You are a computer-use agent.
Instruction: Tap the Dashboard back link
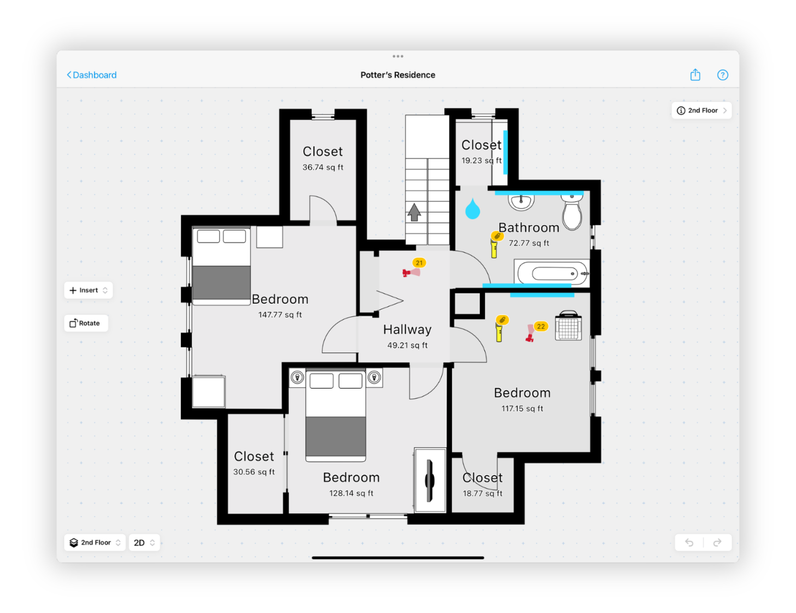(92, 75)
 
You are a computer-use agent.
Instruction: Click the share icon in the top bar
(695, 75)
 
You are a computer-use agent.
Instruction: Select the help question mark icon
(722, 75)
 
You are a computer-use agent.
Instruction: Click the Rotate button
(86, 323)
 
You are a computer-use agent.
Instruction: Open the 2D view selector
(144, 542)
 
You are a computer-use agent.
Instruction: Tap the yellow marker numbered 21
(419, 263)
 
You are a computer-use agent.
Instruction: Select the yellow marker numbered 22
(541, 326)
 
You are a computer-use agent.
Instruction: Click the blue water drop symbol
(472, 209)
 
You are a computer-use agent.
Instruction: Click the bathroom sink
(521, 201)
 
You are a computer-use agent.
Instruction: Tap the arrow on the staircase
(414, 212)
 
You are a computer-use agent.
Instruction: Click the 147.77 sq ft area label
(280, 315)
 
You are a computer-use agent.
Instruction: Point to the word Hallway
(407, 329)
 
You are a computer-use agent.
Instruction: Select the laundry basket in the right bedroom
(568, 326)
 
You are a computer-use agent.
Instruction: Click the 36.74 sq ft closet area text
(323, 167)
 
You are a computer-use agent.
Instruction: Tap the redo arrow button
(717, 542)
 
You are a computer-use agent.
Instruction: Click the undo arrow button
(689, 542)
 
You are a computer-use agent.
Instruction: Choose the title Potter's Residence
(397, 75)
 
